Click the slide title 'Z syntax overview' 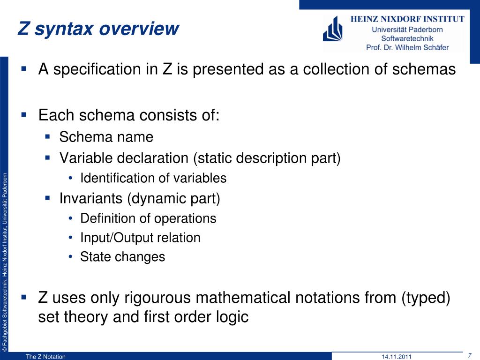click(x=98, y=29)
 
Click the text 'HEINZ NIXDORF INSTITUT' click(x=408, y=19)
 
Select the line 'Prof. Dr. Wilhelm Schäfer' click(x=407, y=47)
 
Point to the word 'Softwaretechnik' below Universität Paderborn click(x=407, y=38)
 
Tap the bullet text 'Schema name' click(x=106, y=137)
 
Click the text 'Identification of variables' click(x=153, y=178)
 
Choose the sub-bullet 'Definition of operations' click(x=148, y=218)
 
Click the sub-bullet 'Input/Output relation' click(x=140, y=238)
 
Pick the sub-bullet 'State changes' click(x=123, y=257)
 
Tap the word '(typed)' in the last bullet click(x=426, y=298)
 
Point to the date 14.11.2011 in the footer click(x=397, y=357)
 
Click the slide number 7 click(x=470, y=355)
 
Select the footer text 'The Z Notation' click(x=45, y=357)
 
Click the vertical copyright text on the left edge click(x=4, y=262)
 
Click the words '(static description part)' click(x=266, y=158)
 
